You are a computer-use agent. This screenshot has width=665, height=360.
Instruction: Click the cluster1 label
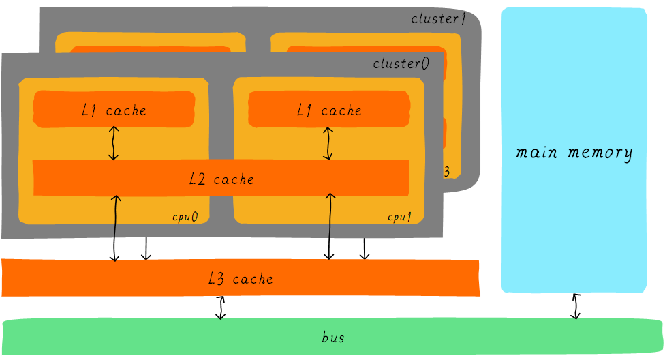438,19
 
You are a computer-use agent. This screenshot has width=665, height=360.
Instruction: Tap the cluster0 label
401,63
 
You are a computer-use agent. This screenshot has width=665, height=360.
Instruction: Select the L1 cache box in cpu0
114,109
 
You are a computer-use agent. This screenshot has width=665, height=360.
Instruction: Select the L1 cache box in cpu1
329,109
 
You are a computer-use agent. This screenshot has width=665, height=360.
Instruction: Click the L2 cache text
221,179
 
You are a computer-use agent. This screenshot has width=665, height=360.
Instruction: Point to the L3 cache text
241,279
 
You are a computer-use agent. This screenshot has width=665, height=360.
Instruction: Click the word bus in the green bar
333,337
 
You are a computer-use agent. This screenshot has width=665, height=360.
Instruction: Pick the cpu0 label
185,217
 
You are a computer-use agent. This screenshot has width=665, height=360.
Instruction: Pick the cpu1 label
400,217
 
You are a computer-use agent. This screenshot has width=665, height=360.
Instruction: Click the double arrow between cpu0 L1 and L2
114,143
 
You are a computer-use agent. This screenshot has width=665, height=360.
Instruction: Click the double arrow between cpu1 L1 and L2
330,143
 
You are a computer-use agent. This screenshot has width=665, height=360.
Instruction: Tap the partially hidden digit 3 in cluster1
446,172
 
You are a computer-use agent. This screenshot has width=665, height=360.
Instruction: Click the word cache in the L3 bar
253,279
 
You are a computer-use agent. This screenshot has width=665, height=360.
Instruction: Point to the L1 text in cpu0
89,110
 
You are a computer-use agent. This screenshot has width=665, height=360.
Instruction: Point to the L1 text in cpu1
304,110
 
